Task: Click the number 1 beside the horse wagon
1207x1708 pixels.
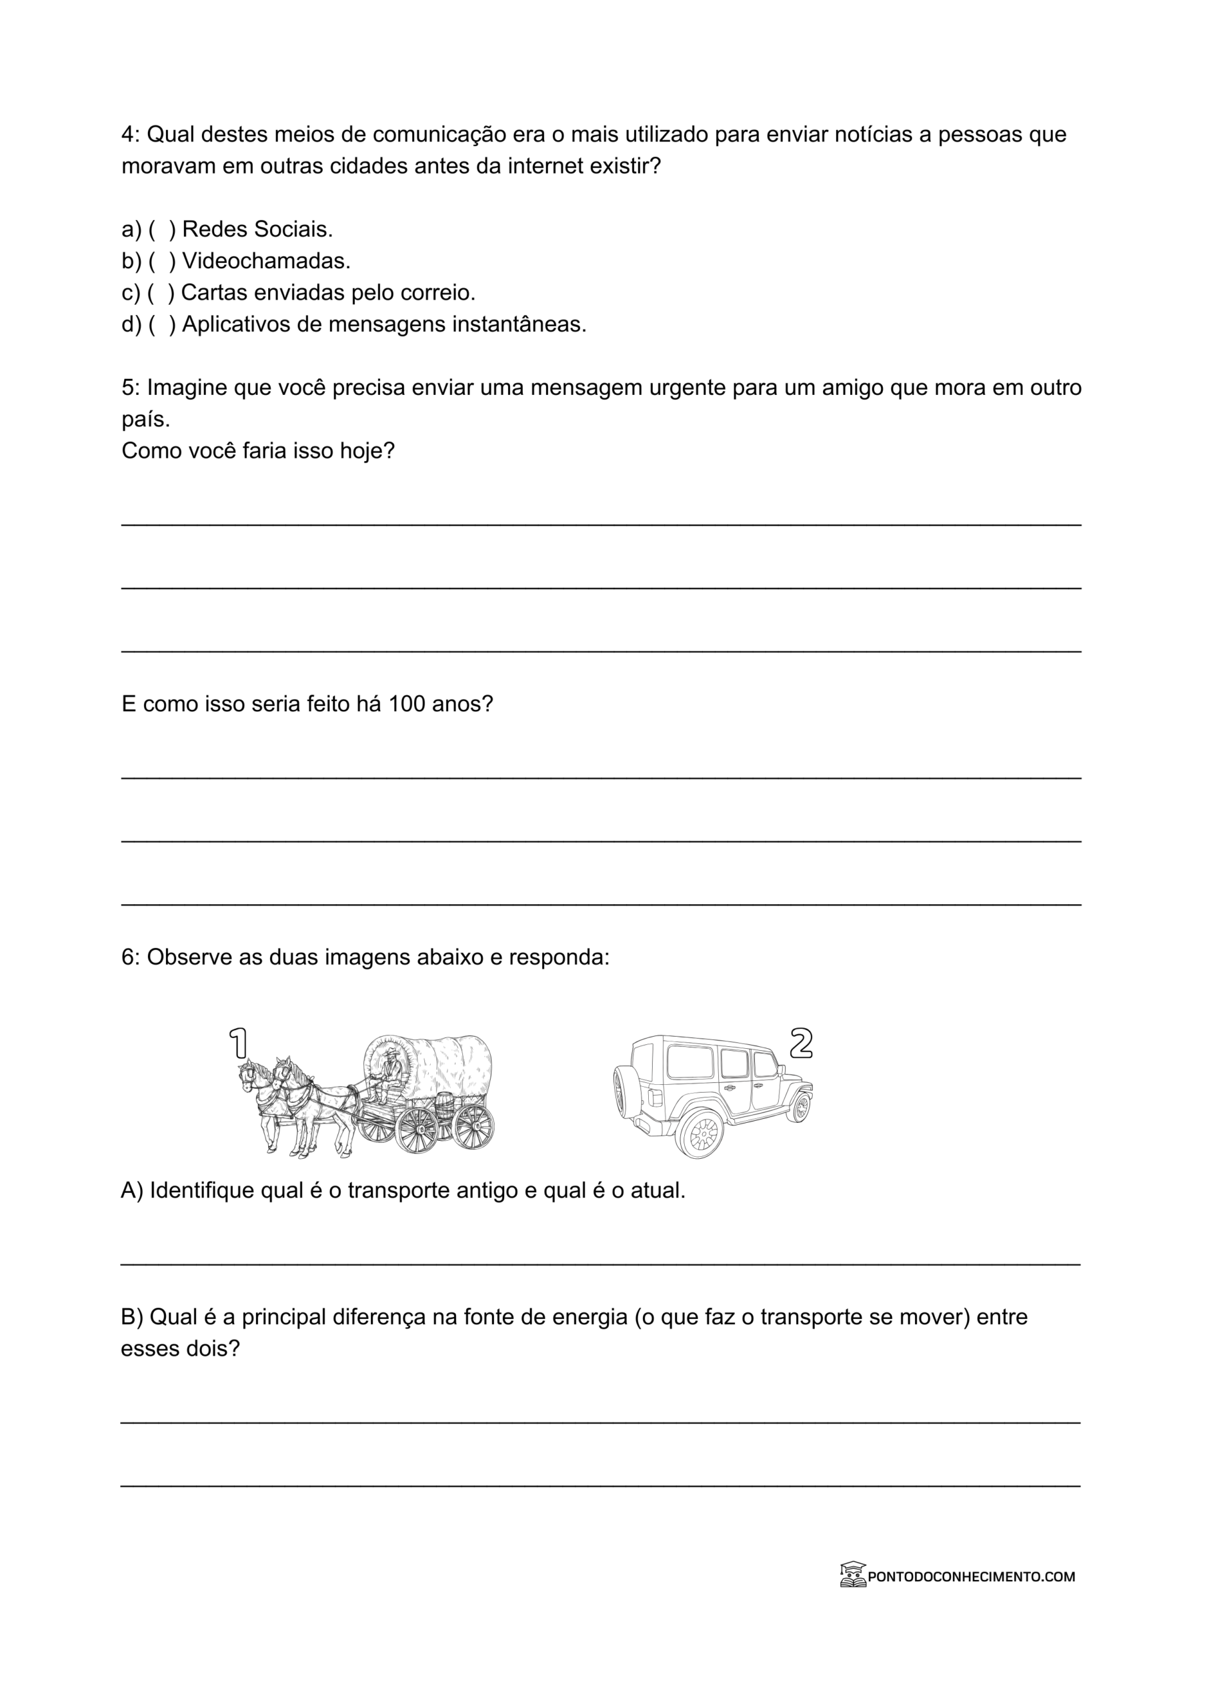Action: click(239, 1043)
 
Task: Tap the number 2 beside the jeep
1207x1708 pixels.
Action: click(800, 1043)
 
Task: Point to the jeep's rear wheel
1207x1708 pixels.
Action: click(700, 1133)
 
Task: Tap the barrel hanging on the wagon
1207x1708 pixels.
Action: click(443, 1106)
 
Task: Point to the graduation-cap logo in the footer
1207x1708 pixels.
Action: click(853, 1575)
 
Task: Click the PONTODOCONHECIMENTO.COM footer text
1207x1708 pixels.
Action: click(971, 1577)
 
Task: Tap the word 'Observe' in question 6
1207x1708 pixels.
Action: click(189, 957)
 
